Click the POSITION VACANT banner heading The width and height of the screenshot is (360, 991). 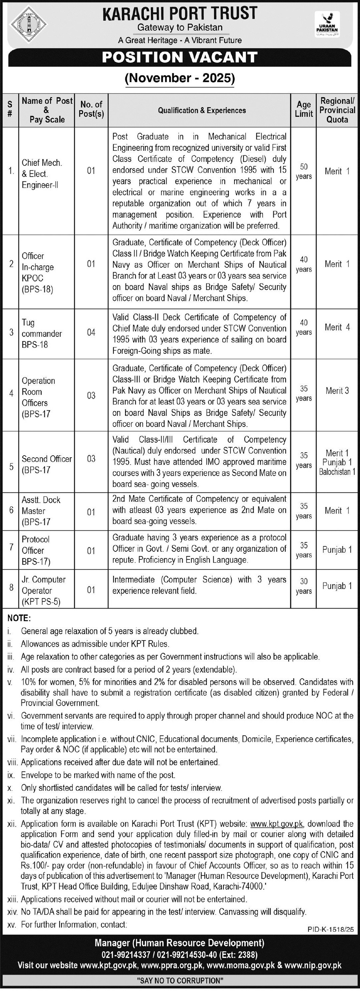tap(180, 57)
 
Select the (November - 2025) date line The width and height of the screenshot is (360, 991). tap(180, 78)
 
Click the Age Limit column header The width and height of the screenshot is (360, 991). tap(303, 109)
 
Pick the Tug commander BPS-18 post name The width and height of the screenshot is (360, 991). tap(41, 333)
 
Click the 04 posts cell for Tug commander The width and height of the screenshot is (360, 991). tap(91, 332)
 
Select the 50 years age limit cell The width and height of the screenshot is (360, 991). tap(303, 171)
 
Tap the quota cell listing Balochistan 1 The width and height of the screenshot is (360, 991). tap(337, 462)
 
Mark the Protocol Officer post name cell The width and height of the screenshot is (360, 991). tap(36, 550)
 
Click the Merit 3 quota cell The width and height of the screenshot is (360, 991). tap(337, 391)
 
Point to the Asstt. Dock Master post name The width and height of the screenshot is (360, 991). tap(41, 511)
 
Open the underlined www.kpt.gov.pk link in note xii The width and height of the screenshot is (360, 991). tap(277, 824)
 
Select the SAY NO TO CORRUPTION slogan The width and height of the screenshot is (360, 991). tap(180, 981)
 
